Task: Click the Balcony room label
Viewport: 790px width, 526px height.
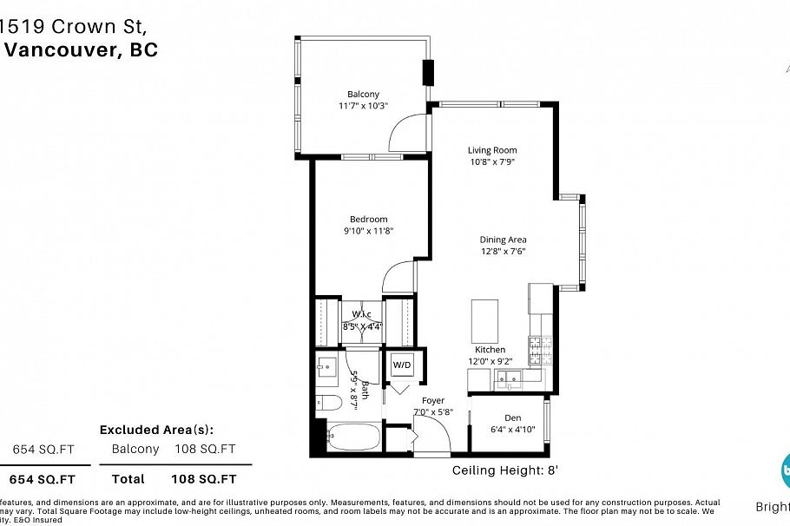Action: (363, 94)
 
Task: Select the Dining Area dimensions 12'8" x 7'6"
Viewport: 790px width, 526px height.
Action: (504, 252)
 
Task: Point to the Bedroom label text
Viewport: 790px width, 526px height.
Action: (368, 219)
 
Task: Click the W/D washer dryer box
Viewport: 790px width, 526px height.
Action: (402, 365)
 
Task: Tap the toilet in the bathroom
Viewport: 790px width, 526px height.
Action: (326, 402)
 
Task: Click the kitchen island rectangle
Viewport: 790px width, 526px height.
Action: (484, 320)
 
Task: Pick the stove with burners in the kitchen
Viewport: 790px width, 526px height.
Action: (542, 350)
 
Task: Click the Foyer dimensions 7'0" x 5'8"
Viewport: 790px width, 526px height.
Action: (434, 412)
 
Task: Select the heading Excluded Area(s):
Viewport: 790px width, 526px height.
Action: (156, 430)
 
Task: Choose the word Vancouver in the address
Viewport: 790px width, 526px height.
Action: (61, 49)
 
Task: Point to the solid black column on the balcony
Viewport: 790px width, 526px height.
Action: (428, 73)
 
